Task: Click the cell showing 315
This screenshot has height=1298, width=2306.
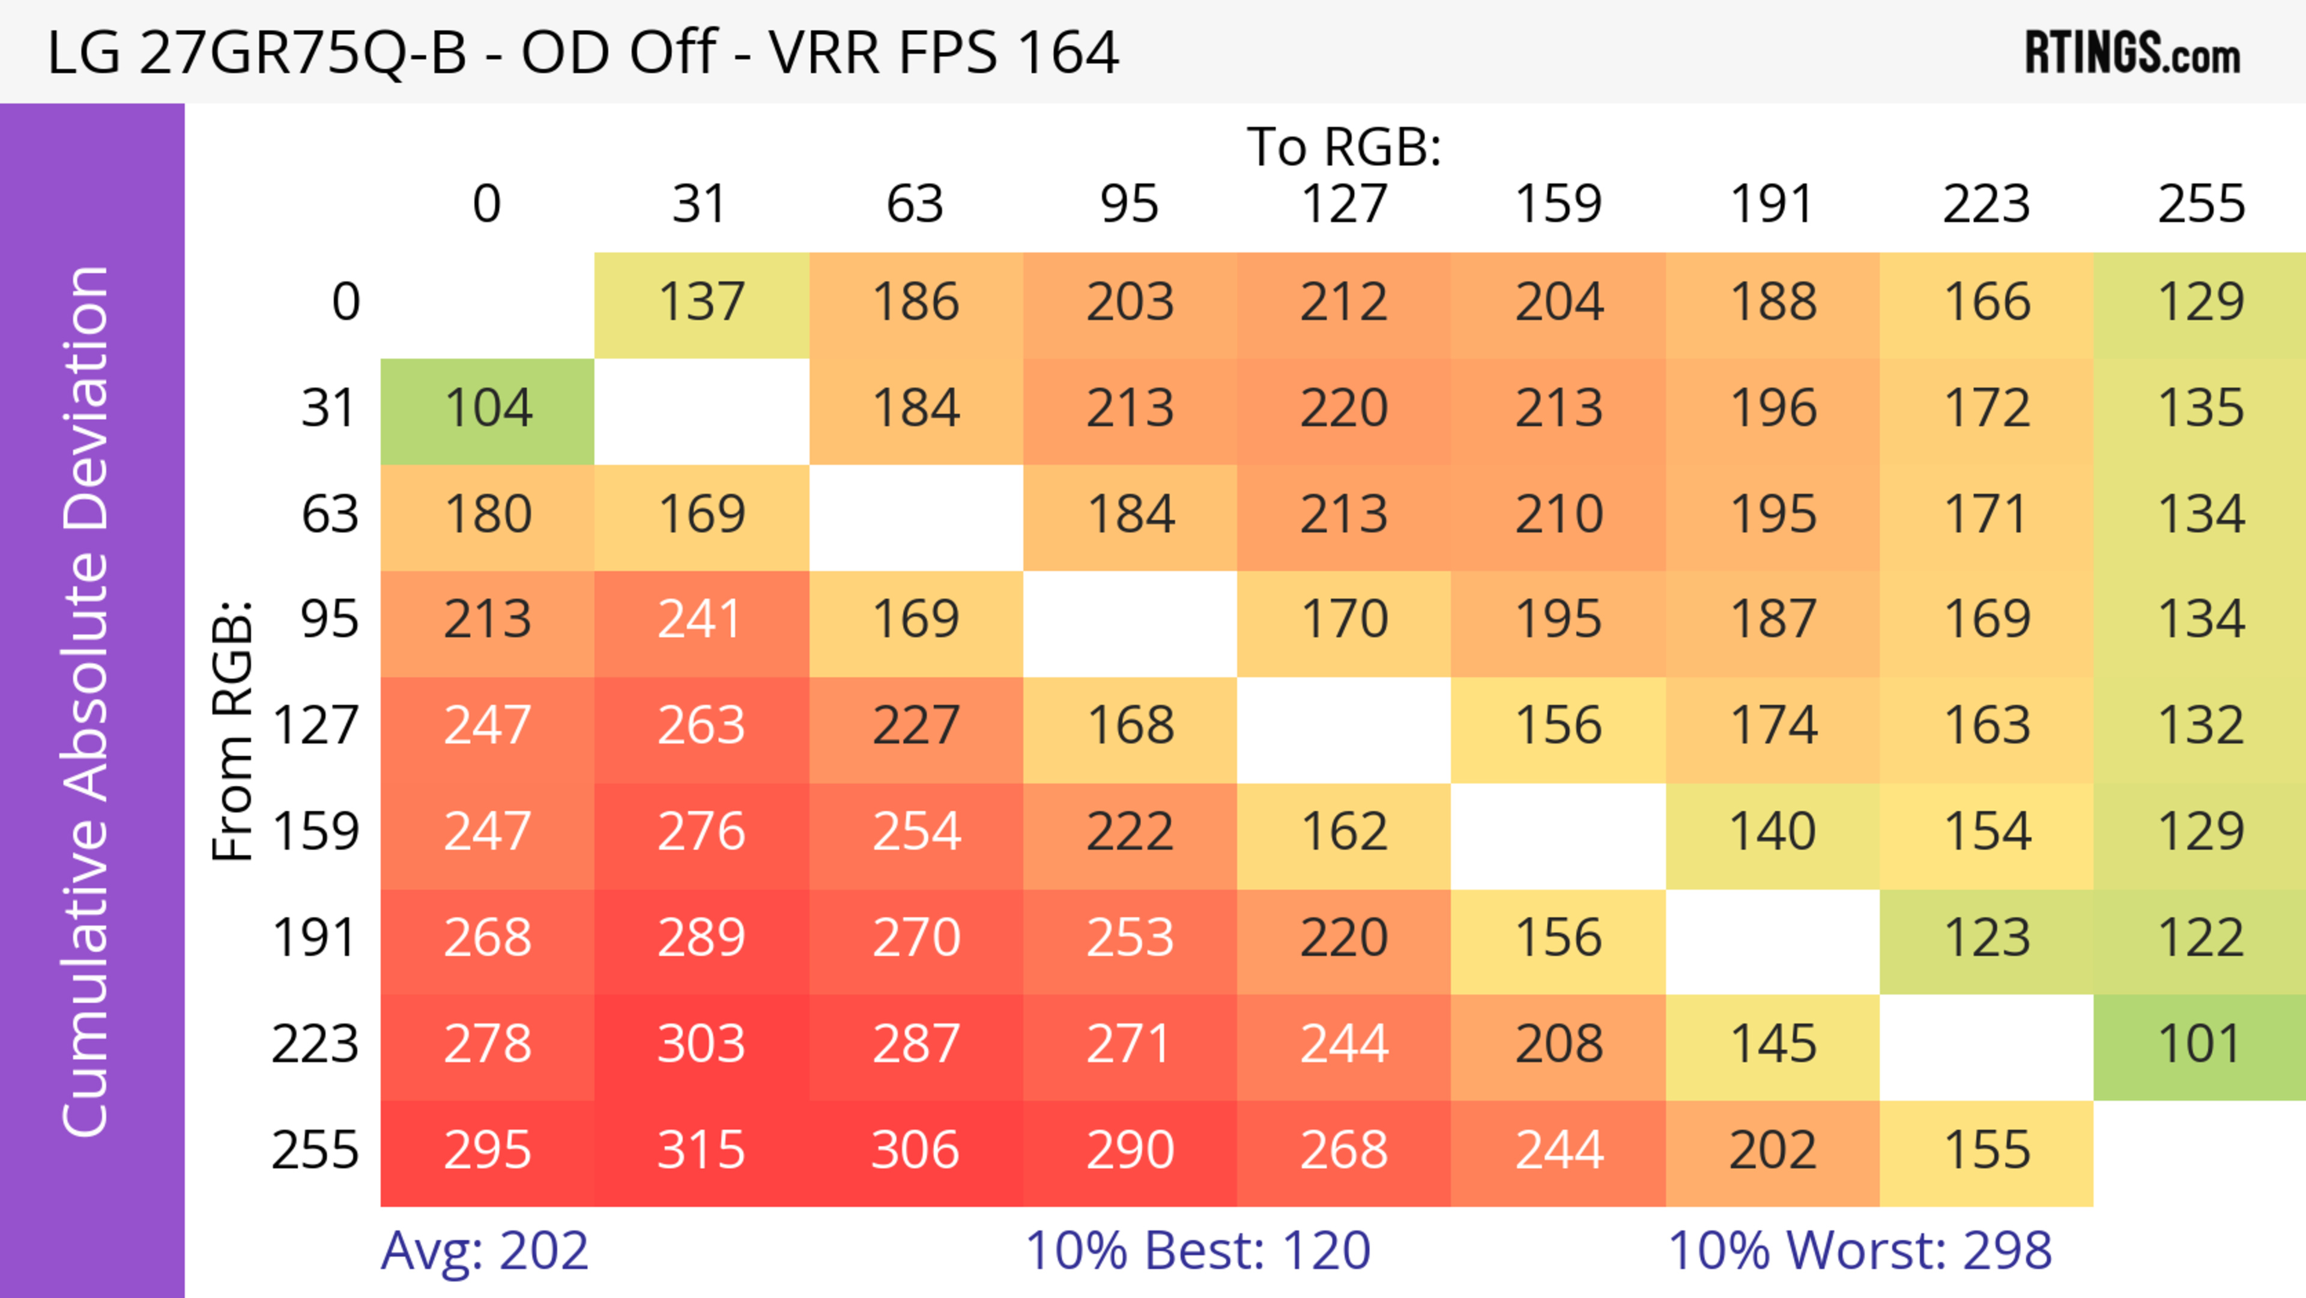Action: click(701, 1151)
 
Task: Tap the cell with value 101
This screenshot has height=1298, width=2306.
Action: click(2200, 1046)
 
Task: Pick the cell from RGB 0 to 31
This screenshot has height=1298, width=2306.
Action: click(701, 303)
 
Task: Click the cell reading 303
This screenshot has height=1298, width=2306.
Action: click(701, 1046)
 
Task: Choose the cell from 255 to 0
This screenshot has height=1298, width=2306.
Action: click(488, 1151)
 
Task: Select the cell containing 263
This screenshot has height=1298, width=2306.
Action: click(701, 727)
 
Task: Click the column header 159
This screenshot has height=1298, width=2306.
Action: click(1558, 204)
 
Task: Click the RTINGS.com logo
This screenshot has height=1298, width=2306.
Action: click(2133, 53)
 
